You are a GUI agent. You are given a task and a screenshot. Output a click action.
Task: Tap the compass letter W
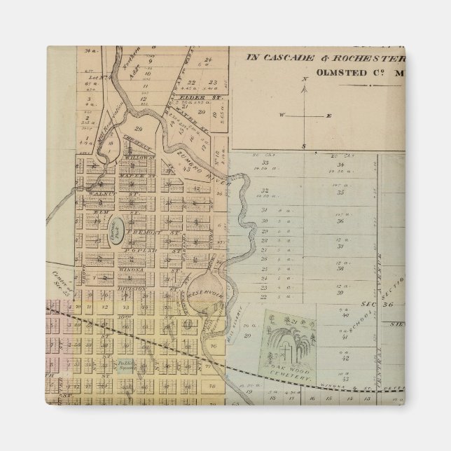coord(281,114)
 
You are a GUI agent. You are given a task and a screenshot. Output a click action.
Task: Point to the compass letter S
coord(304,146)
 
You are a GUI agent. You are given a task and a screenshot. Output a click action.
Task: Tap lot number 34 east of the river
coord(340,167)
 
